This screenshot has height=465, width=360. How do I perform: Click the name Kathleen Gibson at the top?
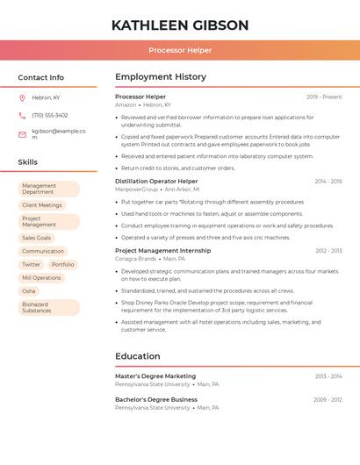pos(180,25)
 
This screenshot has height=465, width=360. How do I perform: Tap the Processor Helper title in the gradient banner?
pos(180,50)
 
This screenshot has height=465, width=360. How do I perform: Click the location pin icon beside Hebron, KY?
pos(22,98)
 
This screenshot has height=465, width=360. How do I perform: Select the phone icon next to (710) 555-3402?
pos(22,115)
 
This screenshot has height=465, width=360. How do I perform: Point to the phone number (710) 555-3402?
pos(50,115)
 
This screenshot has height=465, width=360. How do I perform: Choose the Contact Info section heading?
pos(40,77)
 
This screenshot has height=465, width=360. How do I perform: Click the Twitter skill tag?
pos(31,264)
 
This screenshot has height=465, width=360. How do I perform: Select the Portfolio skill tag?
pos(62,264)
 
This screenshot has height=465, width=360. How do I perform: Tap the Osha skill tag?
pos(29,290)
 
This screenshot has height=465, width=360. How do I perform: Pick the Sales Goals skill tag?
pos(36,238)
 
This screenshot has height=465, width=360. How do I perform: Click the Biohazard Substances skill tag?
pos(48,307)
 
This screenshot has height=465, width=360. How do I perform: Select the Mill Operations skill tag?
pos(41,277)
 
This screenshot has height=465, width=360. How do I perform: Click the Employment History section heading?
pos(161,77)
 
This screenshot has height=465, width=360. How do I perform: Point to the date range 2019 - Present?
pos(324,97)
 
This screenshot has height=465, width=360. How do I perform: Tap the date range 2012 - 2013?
pos(328,251)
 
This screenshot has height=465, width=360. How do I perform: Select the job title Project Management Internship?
pos(162,251)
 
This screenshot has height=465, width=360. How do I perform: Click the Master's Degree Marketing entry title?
pos(155,376)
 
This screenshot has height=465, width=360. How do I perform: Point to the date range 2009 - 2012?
pos(328,399)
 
